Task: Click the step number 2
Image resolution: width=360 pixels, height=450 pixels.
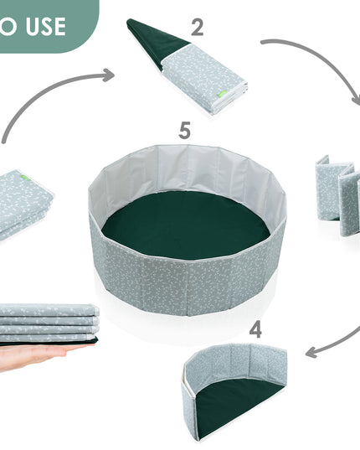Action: (198, 28)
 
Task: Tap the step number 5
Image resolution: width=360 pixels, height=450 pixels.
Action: (184, 130)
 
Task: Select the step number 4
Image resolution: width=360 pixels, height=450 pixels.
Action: (255, 330)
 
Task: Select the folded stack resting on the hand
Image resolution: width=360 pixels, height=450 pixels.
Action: (49, 324)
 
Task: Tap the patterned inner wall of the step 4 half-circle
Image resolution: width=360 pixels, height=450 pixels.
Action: (238, 363)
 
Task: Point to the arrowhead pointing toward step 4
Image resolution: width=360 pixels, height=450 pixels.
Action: (312, 352)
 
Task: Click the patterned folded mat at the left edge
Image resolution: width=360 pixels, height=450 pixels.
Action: (24, 205)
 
